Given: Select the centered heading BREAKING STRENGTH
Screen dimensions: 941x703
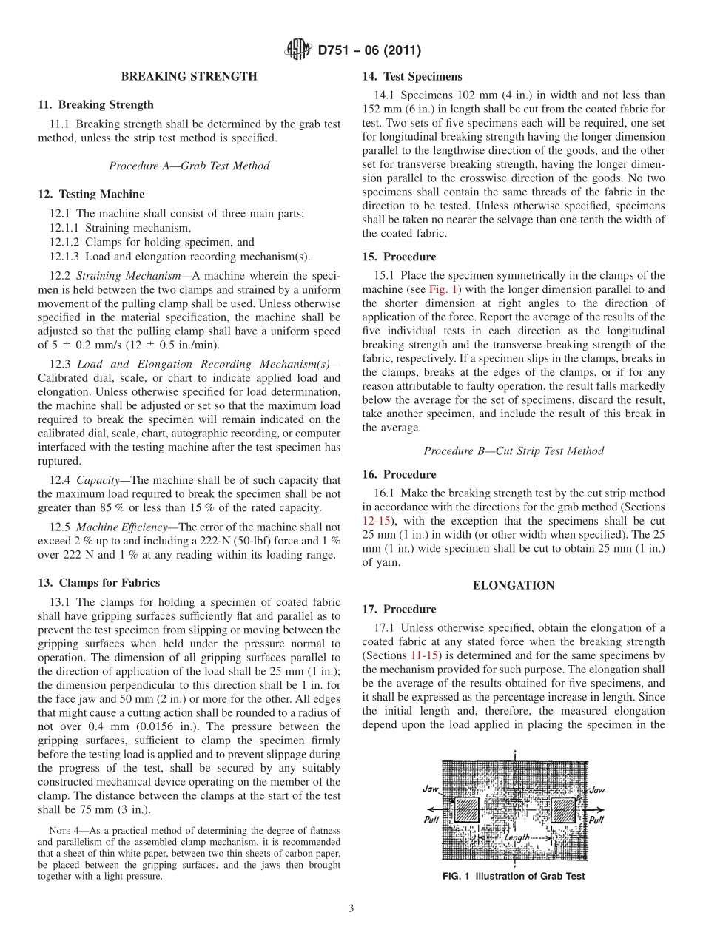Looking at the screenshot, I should [x=189, y=76].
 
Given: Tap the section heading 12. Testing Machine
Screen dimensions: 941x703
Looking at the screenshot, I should [x=91, y=195].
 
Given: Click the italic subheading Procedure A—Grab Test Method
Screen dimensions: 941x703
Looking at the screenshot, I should [x=189, y=166].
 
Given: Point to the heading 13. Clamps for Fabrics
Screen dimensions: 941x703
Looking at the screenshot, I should [x=98, y=583].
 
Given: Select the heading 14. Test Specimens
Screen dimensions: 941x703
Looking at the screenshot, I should [x=412, y=76].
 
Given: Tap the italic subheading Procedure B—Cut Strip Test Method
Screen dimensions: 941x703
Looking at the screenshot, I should [x=514, y=451].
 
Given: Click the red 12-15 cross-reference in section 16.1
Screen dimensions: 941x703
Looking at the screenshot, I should [x=374, y=521].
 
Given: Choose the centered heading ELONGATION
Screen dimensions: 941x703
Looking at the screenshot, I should [x=514, y=585].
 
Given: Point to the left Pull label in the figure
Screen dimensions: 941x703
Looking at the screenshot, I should [x=434, y=820].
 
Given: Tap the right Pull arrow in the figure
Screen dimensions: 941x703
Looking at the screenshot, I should [x=595, y=820].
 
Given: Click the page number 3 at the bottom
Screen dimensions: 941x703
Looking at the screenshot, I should [x=351, y=909].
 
